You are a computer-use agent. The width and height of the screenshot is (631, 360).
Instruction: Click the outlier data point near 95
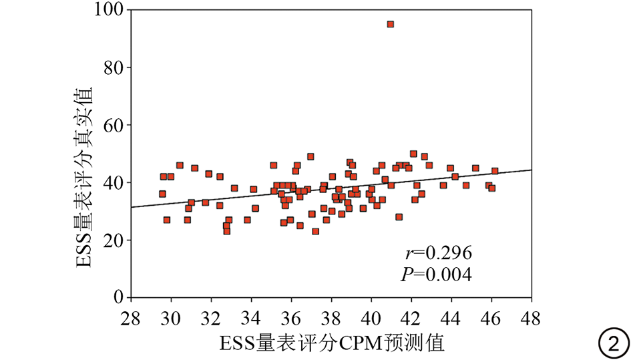tap(391, 24)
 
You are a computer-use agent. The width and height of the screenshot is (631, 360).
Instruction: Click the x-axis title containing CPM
tap(331, 343)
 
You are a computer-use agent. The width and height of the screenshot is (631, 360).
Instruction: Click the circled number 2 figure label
tap(612, 344)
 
